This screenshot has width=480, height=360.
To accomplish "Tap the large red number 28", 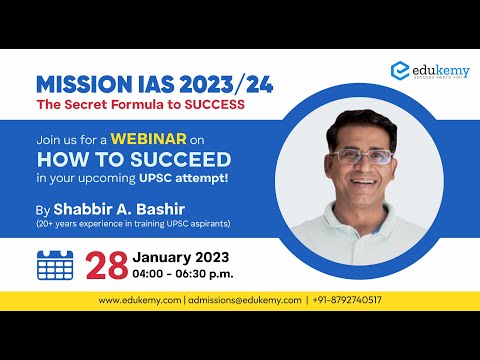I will coord(106,265).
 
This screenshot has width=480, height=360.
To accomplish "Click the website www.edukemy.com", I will coord(140,300).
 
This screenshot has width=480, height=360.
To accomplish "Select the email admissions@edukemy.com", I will coord(244,300).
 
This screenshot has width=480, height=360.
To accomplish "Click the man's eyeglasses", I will coord(362,157).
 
